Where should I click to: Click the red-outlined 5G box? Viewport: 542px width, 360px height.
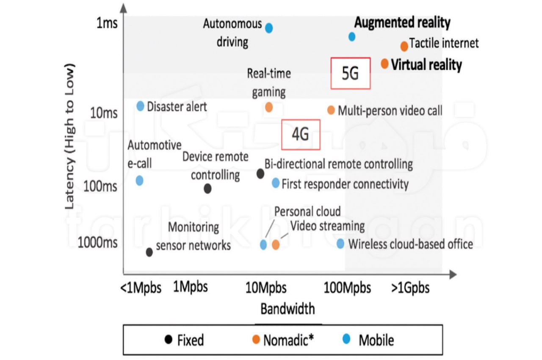(350, 73)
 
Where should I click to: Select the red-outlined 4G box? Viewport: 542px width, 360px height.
(301, 134)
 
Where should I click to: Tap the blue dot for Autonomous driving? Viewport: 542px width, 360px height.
(268, 28)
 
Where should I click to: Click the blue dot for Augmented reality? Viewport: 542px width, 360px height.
(351, 37)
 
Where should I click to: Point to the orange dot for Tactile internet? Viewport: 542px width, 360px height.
(404, 46)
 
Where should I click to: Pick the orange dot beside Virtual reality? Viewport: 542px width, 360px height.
(384, 64)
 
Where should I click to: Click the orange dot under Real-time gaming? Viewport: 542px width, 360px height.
(268, 107)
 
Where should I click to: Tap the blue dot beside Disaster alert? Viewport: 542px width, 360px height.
(141, 106)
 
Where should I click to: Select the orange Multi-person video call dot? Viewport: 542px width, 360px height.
(331, 110)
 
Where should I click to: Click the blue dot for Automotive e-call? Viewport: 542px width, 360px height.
(139, 180)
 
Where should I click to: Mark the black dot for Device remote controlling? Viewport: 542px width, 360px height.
(207, 188)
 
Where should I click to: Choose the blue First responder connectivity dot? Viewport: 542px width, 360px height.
(276, 183)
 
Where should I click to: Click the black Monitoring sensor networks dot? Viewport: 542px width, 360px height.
(149, 252)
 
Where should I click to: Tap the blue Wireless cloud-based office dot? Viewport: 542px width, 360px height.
(340, 244)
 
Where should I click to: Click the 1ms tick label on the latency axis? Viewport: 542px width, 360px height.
(107, 23)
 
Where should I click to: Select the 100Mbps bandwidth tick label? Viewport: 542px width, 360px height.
(347, 288)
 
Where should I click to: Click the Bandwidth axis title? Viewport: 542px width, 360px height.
(288, 309)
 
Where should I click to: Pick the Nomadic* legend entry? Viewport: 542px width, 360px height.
(288, 340)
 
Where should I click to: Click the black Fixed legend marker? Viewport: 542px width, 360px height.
(169, 339)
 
